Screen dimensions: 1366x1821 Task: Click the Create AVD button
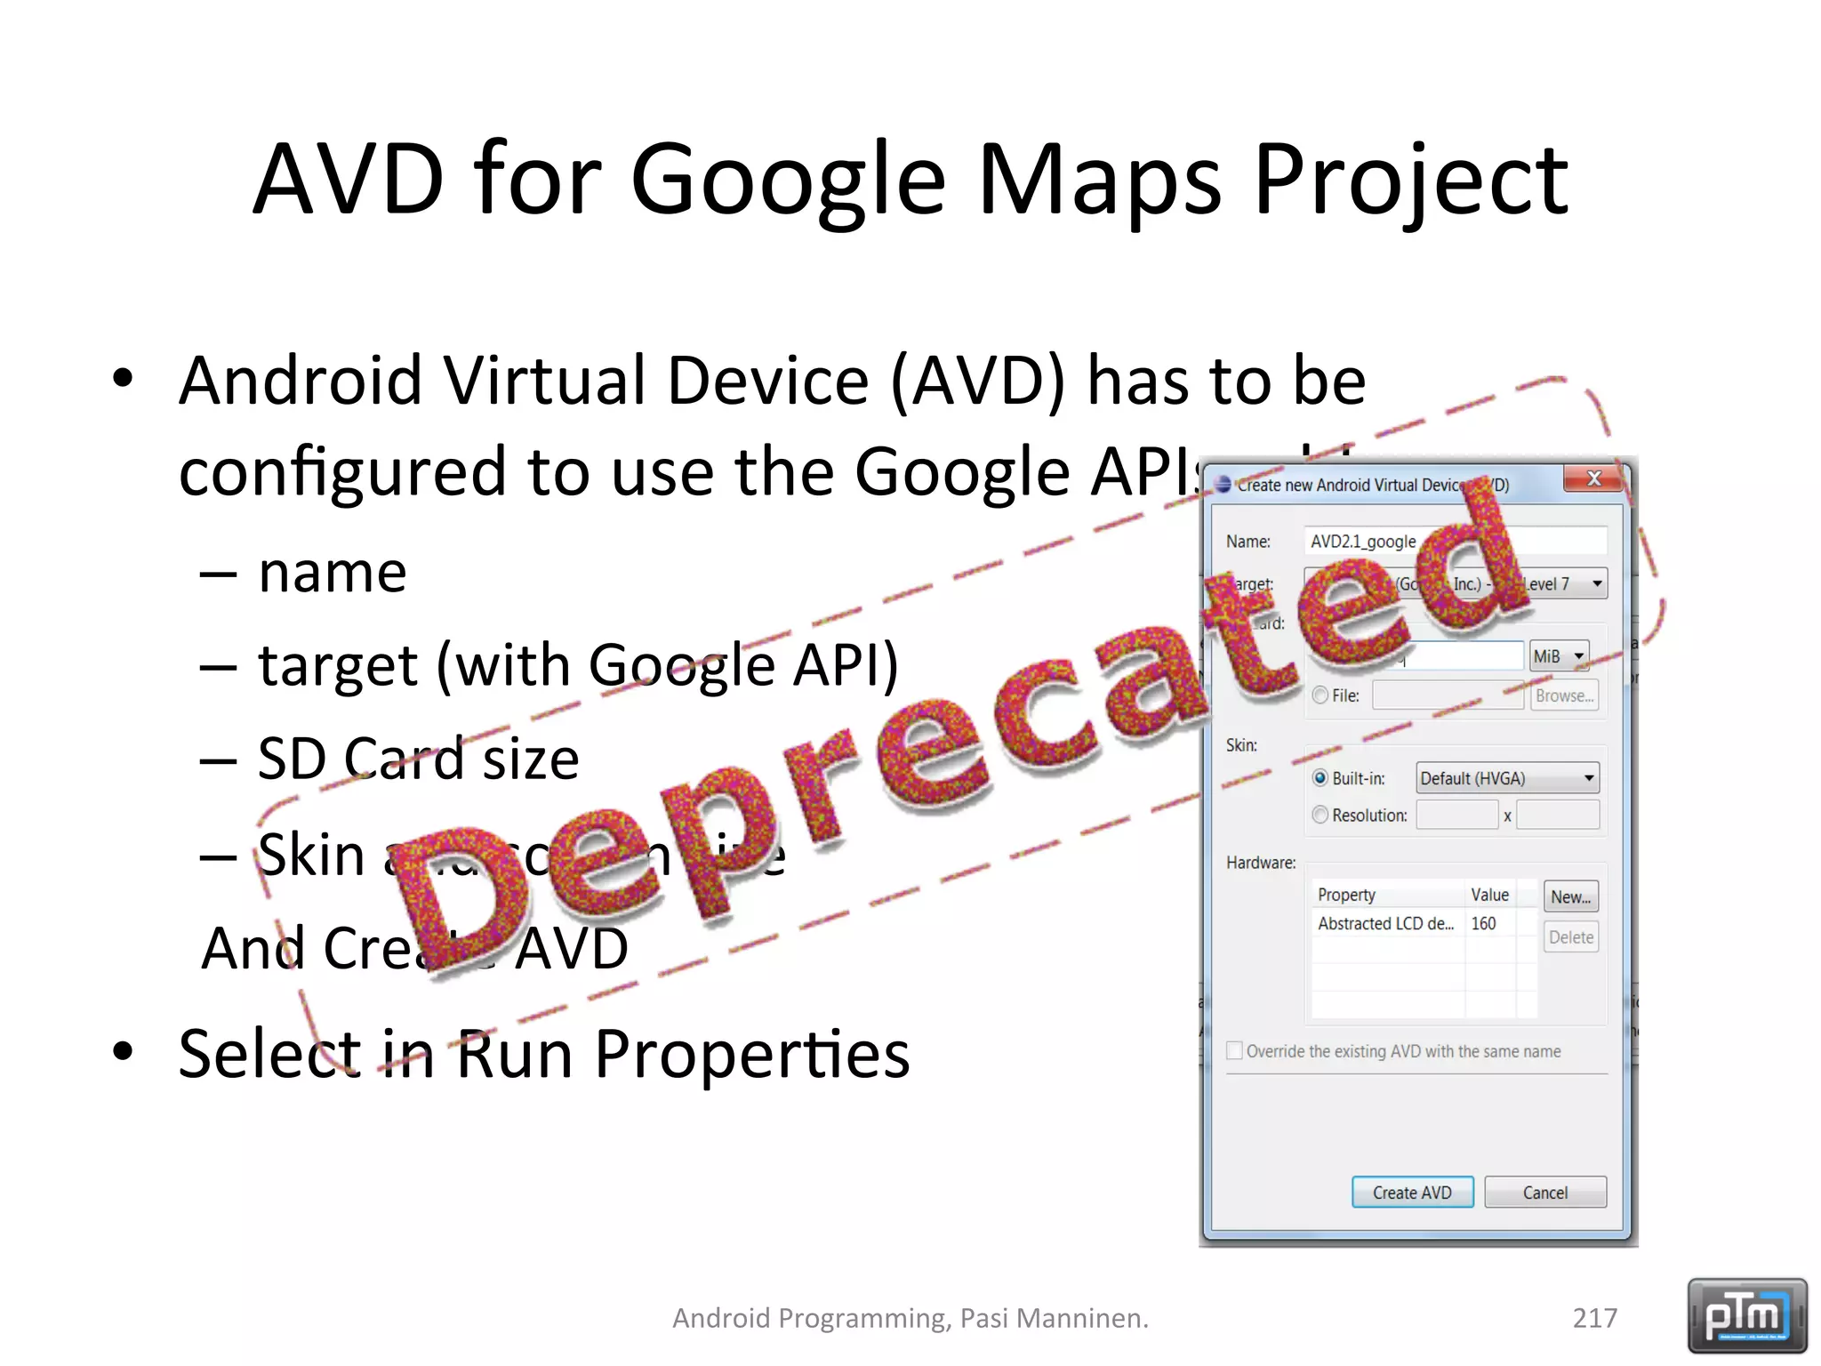point(1412,1193)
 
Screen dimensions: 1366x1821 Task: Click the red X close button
point(1594,478)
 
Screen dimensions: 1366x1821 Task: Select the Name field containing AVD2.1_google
point(1455,541)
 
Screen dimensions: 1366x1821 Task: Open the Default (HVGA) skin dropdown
point(1507,778)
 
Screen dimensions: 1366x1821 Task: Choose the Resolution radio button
point(1320,815)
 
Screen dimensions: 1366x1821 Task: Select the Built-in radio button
point(1320,778)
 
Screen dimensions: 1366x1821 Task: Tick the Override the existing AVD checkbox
point(1235,1050)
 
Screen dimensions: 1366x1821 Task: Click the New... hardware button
point(1570,896)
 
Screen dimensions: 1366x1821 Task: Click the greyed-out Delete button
point(1570,937)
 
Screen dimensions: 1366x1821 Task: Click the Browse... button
point(1564,695)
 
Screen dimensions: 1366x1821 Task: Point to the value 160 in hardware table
point(1483,923)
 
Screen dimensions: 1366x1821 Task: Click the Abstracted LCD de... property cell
point(1385,923)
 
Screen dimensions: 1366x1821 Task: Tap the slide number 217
point(1594,1317)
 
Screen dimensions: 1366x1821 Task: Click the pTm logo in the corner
point(1746,1314)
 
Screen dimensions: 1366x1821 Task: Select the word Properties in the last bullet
point(751,1055)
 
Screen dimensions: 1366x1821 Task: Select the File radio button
point(1320,695)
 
